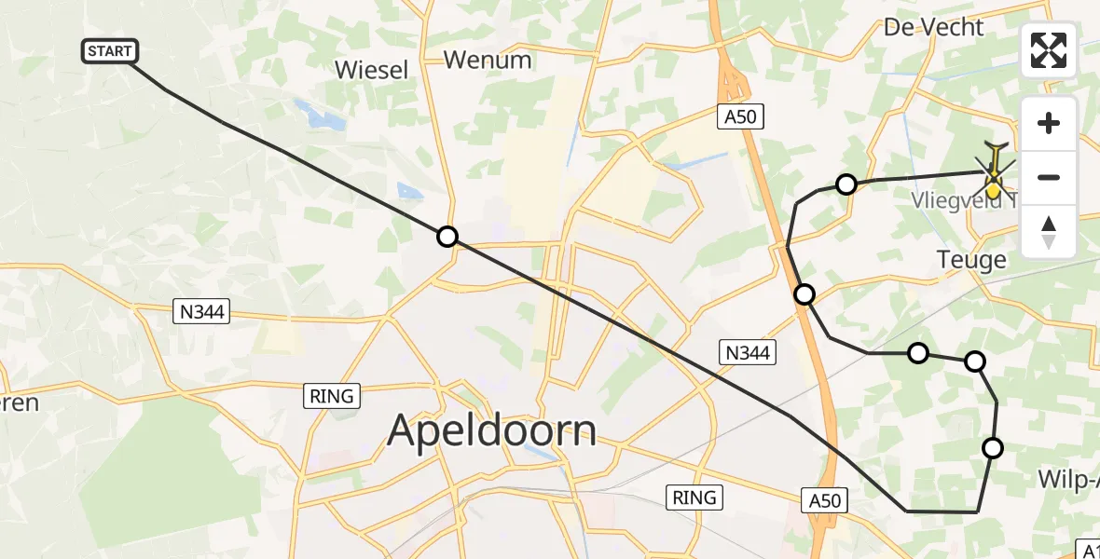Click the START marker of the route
111,51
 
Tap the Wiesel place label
371,70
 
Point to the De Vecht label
933,27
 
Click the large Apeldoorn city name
491,430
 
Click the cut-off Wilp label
1068,480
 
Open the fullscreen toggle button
1049,50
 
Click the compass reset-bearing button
1049,232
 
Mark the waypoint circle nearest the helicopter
846,184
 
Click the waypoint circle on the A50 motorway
804,294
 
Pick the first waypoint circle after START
447,237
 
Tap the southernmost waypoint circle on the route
993,448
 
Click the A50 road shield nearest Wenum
741,116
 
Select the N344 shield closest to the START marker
202,312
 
